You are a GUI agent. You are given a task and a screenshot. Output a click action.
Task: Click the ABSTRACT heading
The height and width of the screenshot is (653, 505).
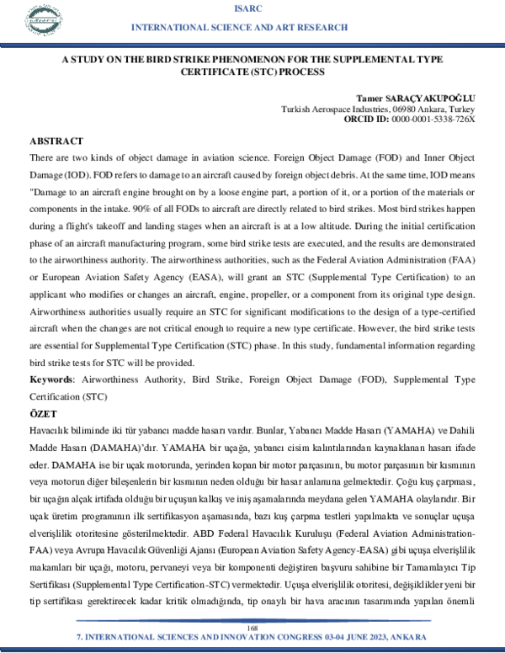[x=56, y=141]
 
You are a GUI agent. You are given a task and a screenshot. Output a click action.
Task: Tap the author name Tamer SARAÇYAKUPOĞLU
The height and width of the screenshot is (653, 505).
[x=416, y=97]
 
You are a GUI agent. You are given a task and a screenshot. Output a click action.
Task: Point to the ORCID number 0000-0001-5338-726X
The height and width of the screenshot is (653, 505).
[x=433, y=119]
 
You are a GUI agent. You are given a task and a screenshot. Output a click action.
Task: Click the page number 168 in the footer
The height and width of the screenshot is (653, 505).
[x=252, y=629]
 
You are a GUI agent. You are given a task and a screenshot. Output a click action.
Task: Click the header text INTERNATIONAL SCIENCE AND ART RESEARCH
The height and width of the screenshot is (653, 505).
[x=252, y=29]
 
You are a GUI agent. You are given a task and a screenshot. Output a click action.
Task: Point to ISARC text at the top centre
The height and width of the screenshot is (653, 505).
[x=252, y=8]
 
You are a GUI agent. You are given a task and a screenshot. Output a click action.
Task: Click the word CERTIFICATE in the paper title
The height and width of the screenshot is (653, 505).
[x=217, y=73]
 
